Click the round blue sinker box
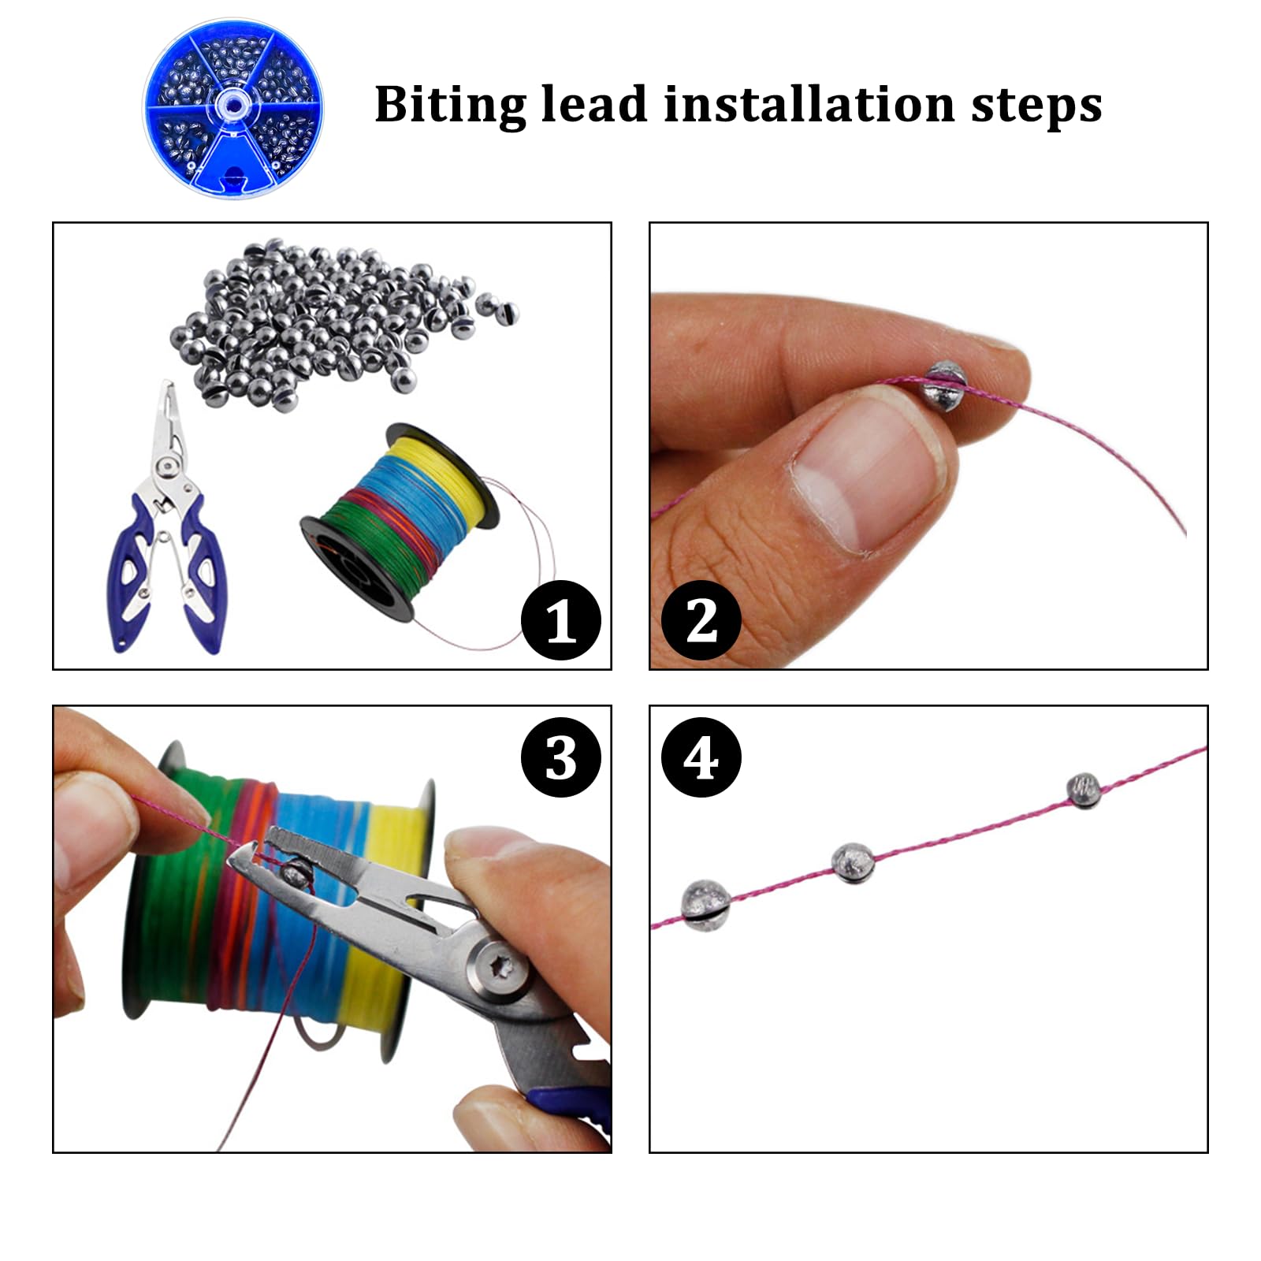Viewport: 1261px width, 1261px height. (x=233, y=109)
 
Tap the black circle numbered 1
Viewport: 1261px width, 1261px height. (x=561, y=620)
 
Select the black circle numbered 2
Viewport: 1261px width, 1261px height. (x=701, y=620)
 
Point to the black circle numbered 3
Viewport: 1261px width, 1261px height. (x=561, y=758)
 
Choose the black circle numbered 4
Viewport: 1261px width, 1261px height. (x=701, y=758)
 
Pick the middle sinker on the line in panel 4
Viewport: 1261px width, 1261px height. (x=853, y=862)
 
